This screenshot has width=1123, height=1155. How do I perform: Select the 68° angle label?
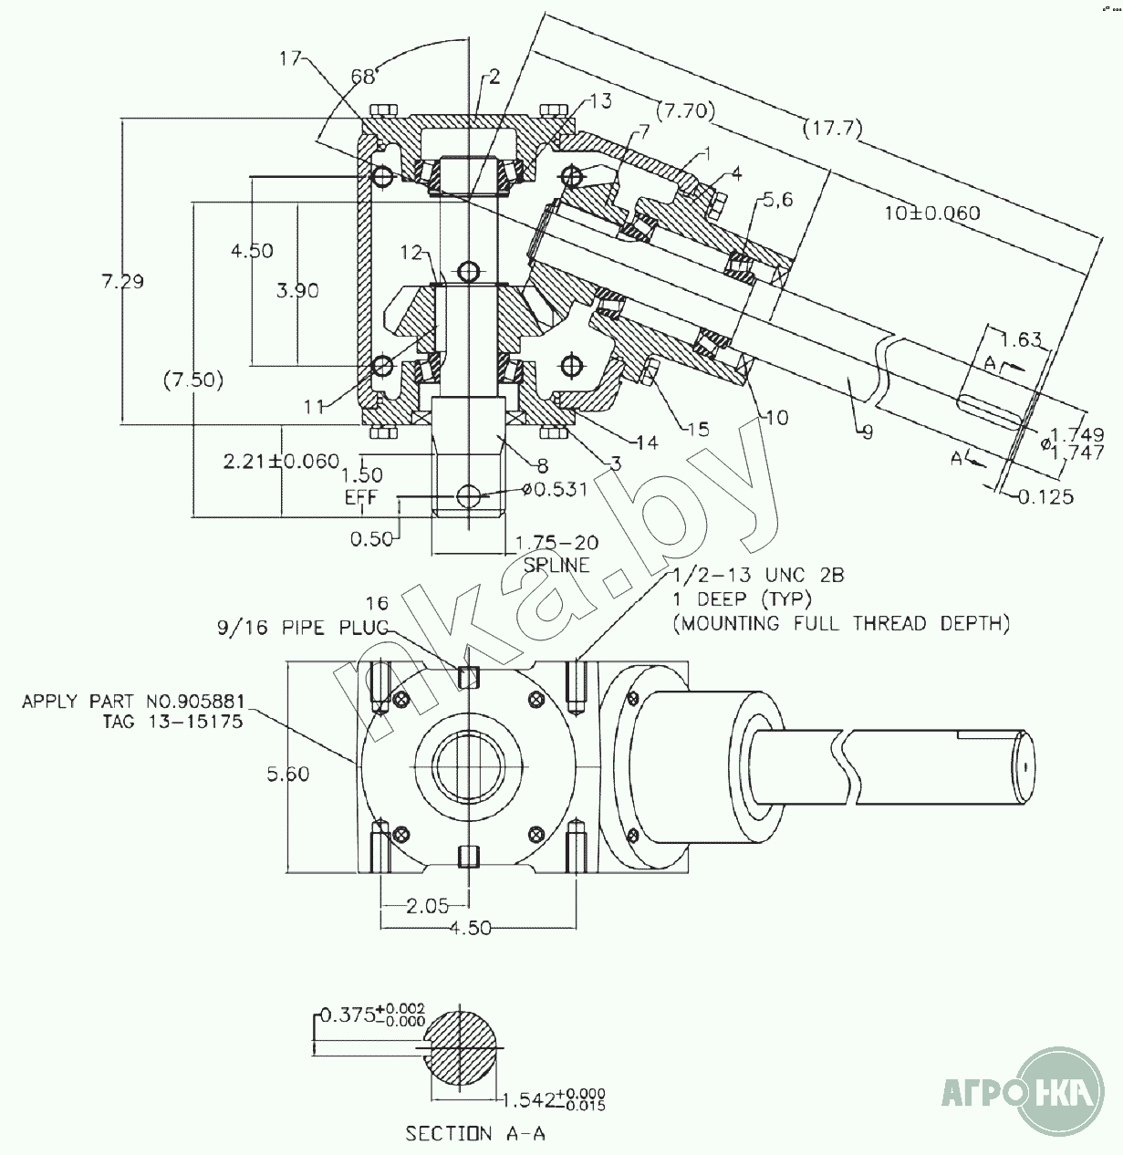click(364, 77)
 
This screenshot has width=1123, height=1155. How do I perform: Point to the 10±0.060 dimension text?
click(931, 213)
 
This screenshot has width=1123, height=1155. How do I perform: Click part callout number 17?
click(290, 59)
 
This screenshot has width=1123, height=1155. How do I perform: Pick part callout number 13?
click(598, 100)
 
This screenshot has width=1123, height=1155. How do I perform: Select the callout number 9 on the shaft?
click(867, 432)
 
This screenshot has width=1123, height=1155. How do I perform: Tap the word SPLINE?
click(556, 565)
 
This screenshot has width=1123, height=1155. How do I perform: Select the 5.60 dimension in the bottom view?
click(287, 775)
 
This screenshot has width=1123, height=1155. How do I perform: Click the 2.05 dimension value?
click(427, 905)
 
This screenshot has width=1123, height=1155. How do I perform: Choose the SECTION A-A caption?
click(476, 1133)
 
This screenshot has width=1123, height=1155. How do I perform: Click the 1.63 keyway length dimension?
click(1021, 340)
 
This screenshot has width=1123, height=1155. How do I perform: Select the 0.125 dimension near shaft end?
click(1045, 496)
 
